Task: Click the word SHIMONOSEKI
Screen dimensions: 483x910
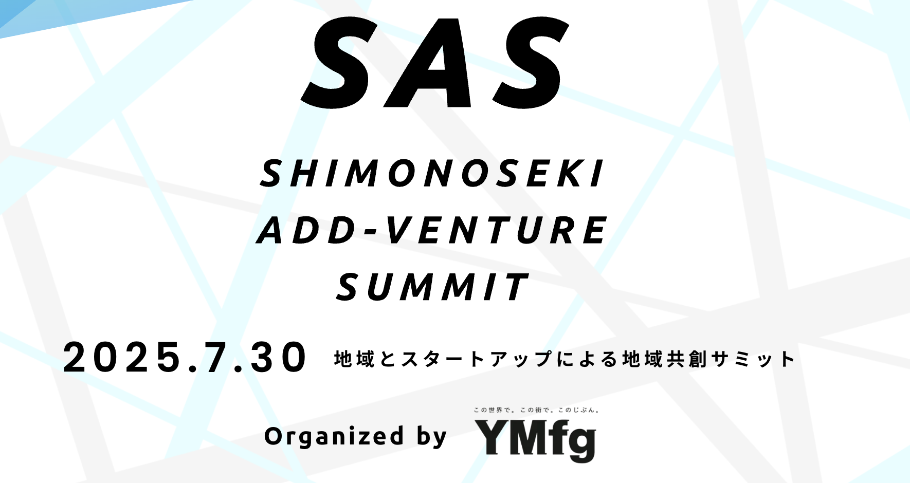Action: (x=432, y=174)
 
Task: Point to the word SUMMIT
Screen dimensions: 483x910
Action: (x=432, y=287)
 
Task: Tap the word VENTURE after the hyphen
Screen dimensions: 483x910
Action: (x=496, y=230)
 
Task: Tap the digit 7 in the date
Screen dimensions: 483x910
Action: (x=216, y=358)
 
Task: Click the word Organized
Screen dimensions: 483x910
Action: (x=334, y=437)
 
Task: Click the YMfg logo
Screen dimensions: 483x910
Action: (x=535, y=440)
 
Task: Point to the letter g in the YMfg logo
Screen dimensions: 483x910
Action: (x=581, y=443)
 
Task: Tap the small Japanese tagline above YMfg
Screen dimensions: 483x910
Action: (x=536, y=410)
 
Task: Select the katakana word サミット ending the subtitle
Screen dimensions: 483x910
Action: (x=753, y=359)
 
